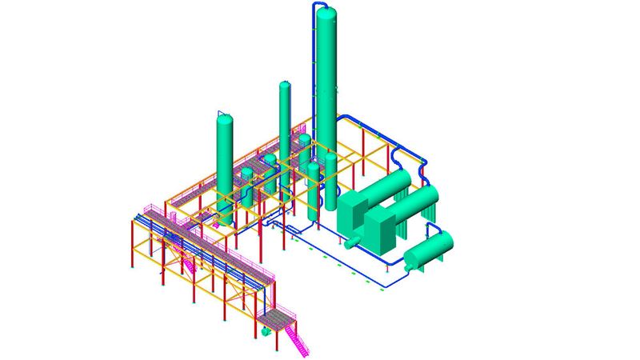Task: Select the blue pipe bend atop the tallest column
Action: point(318,6)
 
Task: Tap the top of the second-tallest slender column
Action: point(285,85)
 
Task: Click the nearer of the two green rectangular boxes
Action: point(382,227)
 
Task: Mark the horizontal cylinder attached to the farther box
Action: point(387,184)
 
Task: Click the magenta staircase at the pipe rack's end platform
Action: point(299,339)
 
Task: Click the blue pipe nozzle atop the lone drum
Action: point(439,233)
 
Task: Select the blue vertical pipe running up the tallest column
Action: point(314,80)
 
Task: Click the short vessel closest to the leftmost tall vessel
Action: point(247,180)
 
